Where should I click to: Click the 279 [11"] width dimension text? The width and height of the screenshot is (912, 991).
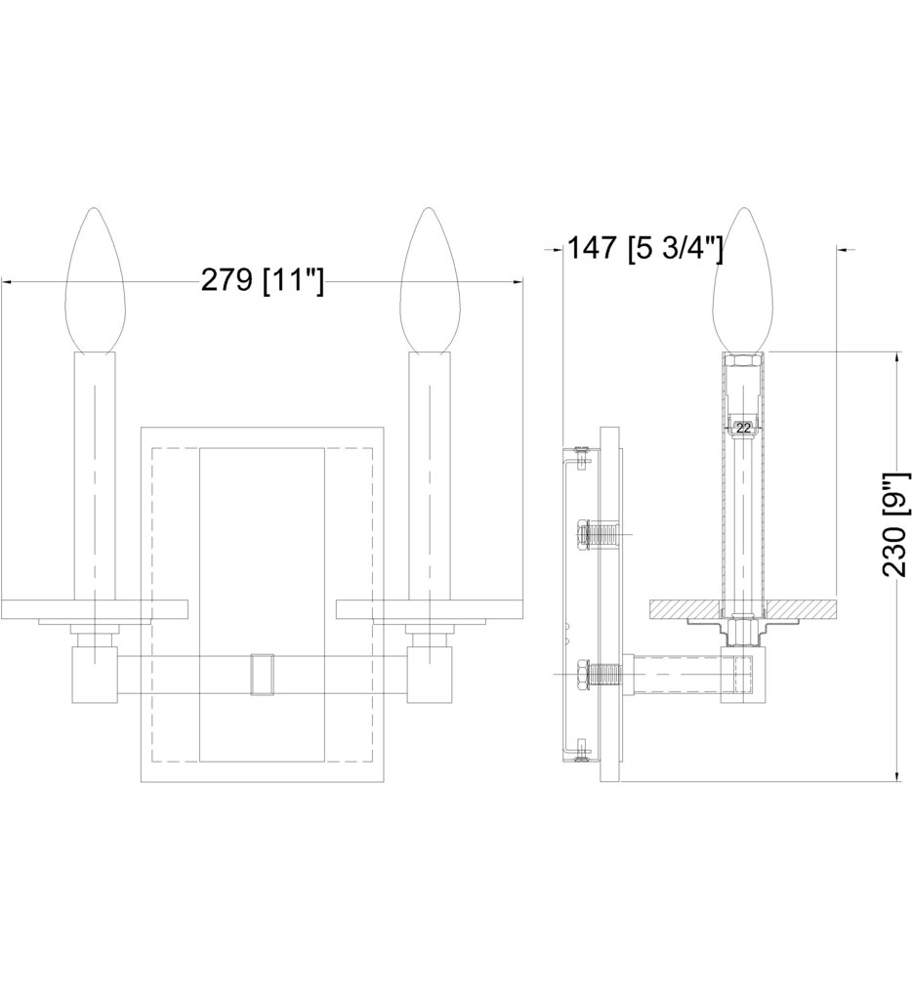[x=262, y=281]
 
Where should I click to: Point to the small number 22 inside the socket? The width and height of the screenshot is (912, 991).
[x=744, y=428]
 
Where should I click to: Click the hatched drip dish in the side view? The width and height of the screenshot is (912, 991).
[x=684, y=607]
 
